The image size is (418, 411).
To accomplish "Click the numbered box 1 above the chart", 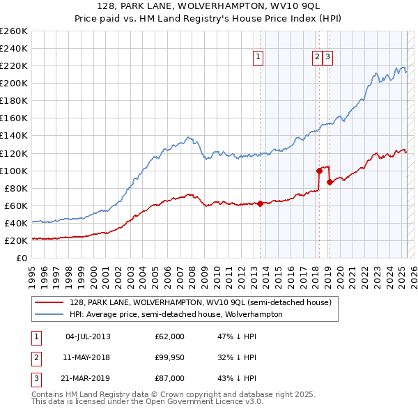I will coord(258,57).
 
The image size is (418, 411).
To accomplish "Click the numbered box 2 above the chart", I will coord(317,57).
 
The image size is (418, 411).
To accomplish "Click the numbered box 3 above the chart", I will coord(327,57).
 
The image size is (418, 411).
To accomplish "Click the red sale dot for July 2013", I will coord(260,203).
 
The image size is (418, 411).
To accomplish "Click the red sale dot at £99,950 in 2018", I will coord(319,170).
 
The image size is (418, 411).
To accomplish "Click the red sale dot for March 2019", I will coord(330,181).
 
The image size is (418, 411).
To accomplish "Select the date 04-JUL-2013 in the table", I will coord(88,336).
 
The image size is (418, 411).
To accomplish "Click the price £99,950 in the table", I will coord(169,357).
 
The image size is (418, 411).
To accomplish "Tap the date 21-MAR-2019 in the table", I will coord(88,378).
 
